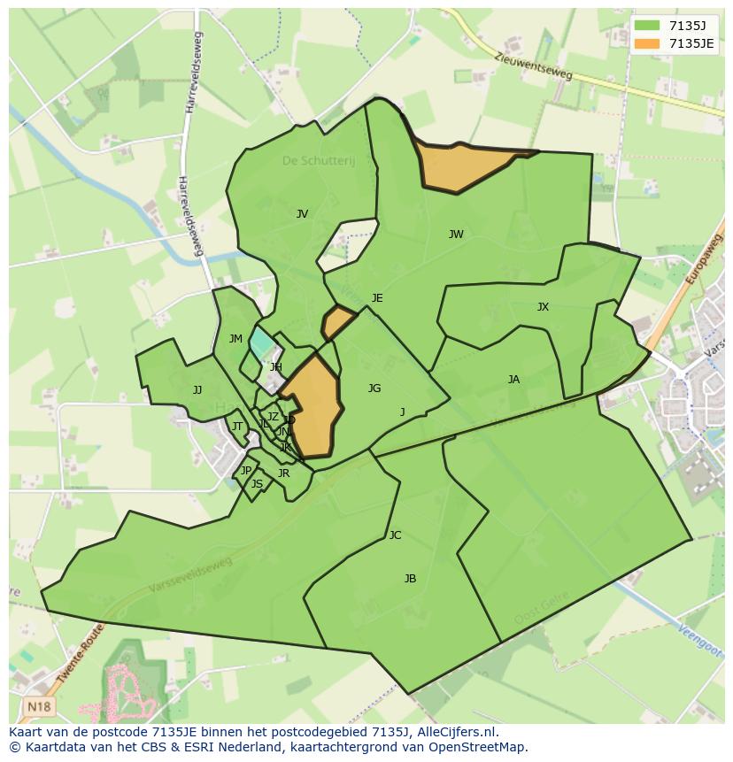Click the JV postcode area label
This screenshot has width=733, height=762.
tap(302, 214)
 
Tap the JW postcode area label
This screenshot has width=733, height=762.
tap(456, 235)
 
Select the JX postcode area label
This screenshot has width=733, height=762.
tap(543, 307)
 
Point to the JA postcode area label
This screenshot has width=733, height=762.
tap(513, 380)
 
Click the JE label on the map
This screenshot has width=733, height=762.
tap(377, 298)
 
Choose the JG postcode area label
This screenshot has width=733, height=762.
tap(374, 389)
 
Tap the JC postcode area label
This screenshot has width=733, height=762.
tap(395, 535)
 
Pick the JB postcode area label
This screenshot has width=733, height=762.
tap(410, 579)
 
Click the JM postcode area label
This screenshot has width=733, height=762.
tap(235, 339)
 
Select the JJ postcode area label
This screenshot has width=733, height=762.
tap(197, 390)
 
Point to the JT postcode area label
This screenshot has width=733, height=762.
tap(236, 427)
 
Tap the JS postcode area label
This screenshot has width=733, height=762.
tap(257, 484)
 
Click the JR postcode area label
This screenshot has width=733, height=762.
tap(283, 473)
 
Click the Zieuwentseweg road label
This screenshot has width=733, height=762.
tap(534, 68)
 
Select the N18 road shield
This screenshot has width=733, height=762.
tap(37, 706)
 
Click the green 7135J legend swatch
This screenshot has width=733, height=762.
tap(647, 26)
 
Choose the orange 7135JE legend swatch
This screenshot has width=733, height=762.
tap(647, 43)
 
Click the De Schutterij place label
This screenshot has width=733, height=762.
tap(318, 161)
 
